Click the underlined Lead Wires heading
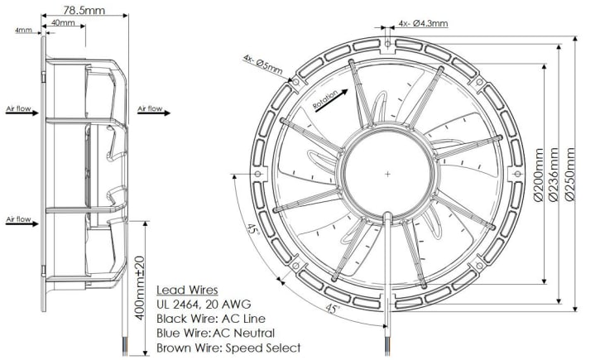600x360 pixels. pos(187,290)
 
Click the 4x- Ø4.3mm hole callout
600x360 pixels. pos(422,23)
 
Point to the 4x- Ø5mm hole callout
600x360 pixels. pos(263,61)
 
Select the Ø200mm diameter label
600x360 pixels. pos(539,175)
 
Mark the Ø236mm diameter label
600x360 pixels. pos(554,175)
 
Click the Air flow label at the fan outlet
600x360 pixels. pos(150,108)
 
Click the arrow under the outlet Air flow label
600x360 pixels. pos(150,117)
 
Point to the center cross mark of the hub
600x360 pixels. pos(387,174)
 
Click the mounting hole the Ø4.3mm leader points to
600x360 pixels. pos(387,40)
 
